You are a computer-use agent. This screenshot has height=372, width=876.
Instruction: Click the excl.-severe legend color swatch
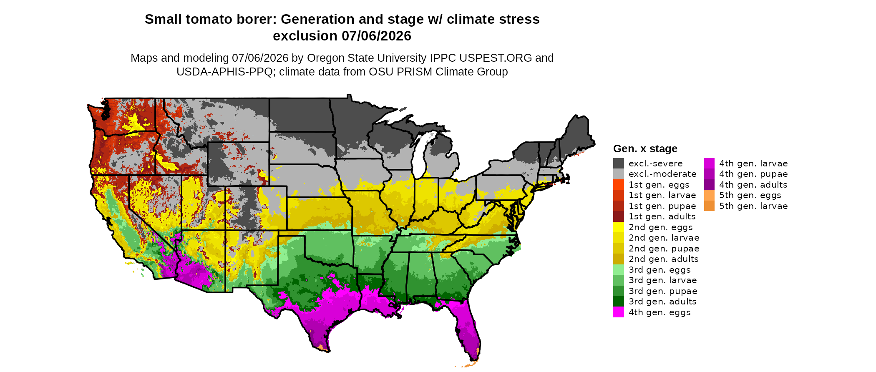[x=619, y=163]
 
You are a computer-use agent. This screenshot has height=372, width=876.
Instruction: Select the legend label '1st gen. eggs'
[x=659, y=185]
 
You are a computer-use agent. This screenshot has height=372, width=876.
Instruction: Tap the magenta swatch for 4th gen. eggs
[x=619, y=312]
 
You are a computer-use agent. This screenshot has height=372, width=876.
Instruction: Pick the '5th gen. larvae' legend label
[x=753, y=206]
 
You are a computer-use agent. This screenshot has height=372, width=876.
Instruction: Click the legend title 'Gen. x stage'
[x=645, y=148]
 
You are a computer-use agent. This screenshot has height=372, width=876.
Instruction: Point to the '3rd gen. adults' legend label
[x=662, y=302]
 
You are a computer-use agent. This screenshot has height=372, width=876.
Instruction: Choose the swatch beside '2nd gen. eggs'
[x=619, y=227]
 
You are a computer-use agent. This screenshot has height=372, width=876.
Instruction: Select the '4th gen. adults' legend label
[x=753, y=185]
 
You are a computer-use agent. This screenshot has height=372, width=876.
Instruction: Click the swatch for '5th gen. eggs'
[x=709, y=195]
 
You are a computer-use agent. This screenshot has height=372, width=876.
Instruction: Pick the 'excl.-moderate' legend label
[x=662, y=174]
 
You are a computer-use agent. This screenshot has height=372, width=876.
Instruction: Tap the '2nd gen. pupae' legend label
[x=664, y=249]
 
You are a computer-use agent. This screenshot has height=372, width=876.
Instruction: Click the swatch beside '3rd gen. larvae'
[x=619, y=280]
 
